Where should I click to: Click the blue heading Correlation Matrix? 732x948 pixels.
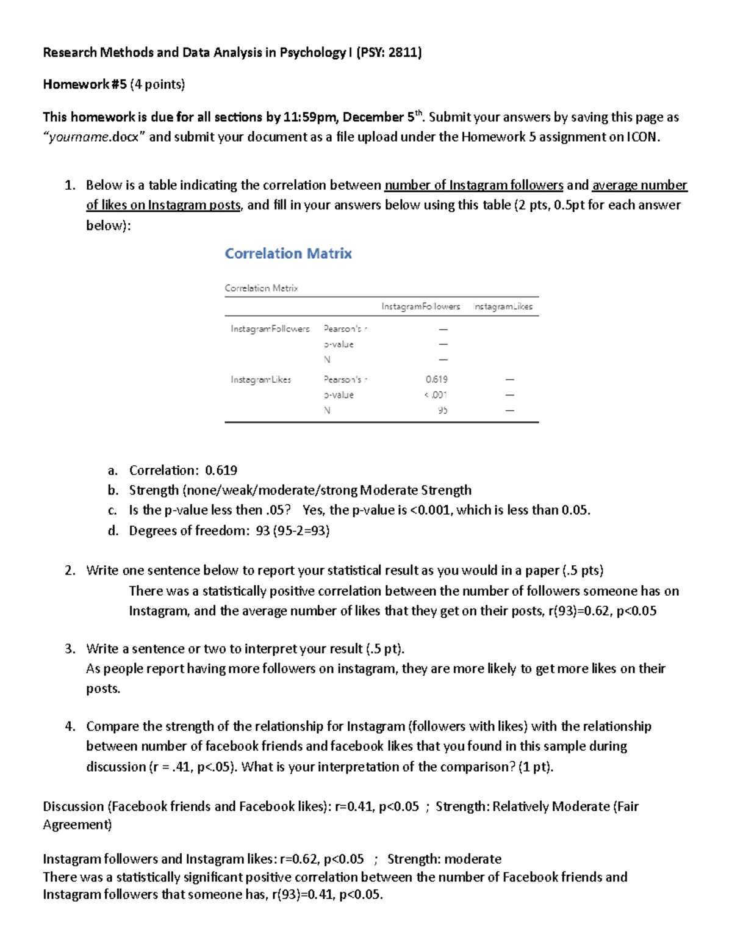(x=288, y=253)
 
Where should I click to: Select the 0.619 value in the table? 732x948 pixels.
(x=436, y=379)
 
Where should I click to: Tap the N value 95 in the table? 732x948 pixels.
(x=442, y=410)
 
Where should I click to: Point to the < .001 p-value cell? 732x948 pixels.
(x=436, y=395)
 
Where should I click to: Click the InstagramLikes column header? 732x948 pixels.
(x=503, y=306)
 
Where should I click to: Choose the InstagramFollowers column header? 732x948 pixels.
(x=420, y=306)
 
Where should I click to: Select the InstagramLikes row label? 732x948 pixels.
(x=260, y=380)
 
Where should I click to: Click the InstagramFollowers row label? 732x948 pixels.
(x=270, y=329)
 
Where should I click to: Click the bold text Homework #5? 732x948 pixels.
(x=84, y=84)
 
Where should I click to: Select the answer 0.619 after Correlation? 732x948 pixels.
(x=221, y=470)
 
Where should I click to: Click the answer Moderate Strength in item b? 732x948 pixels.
(x=415, y=490)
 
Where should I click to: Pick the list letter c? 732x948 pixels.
(x=112, y=510)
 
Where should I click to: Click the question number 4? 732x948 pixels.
(x=70, y=726)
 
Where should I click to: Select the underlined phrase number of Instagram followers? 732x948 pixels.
(x=473, y=185)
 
